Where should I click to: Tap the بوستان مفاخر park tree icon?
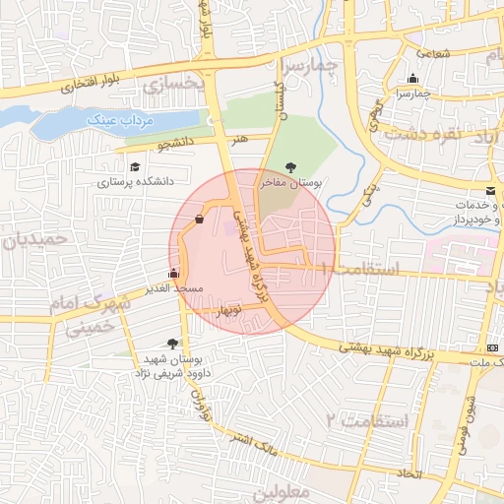[289, 167]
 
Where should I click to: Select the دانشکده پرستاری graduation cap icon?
[134, 166]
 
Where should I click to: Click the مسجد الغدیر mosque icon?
[174, 274]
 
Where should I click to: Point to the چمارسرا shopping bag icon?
[411, 79]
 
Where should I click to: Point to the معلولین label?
[282, 490]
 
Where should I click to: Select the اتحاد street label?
[406, 473]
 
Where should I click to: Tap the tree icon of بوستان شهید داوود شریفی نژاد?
[173, 344]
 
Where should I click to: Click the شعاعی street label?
[433, 53]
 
